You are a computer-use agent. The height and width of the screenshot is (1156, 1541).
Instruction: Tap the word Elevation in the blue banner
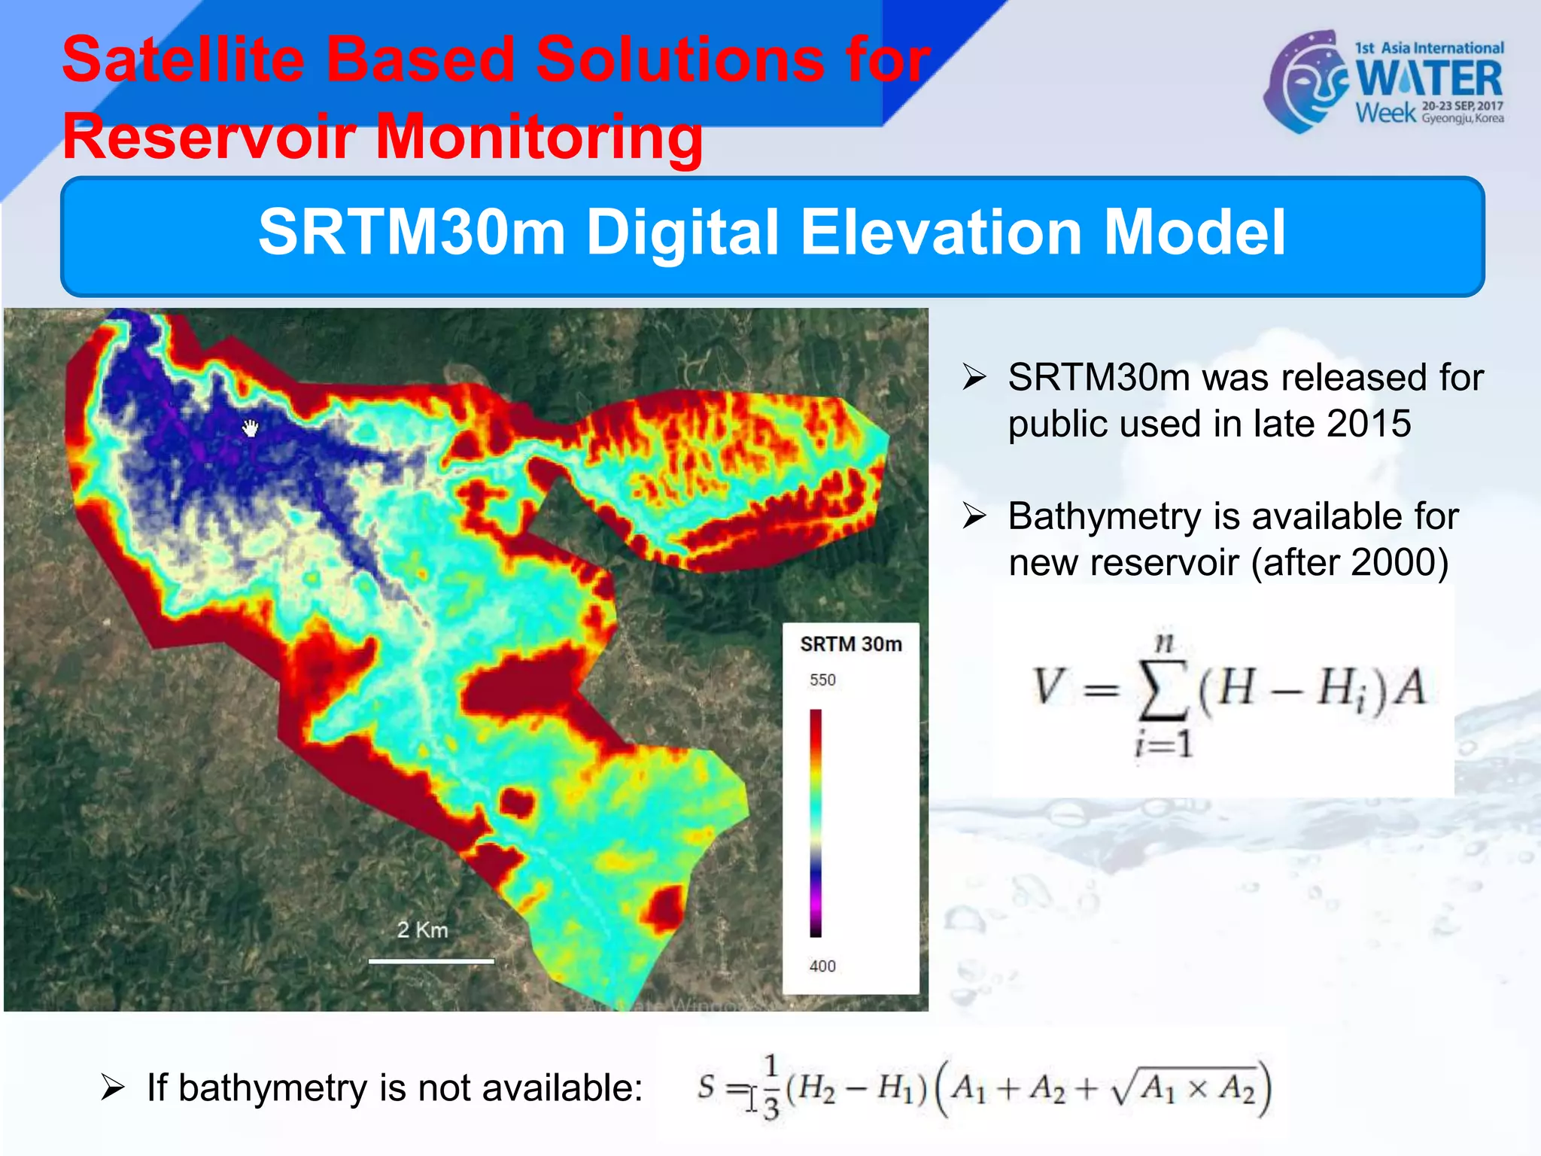pos(942,233)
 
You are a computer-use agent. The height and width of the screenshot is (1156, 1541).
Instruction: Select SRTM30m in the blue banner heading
pos(412,233)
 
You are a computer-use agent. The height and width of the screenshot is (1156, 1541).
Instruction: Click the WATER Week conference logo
pos(1384,81)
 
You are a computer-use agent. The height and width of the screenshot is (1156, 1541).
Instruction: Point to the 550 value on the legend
pos(822,680)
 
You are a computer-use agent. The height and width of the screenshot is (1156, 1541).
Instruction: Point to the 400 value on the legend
pos(822,966)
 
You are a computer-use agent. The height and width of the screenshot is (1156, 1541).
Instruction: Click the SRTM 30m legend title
pos(850,645)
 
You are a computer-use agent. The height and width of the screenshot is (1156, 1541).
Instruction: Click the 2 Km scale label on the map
pos(422,930)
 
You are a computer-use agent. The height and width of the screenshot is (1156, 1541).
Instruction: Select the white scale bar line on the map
pos(431,961)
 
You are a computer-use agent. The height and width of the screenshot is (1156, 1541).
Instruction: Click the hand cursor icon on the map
pos(251,428)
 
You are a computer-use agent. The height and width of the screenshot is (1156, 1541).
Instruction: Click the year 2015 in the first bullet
pos(1369,424)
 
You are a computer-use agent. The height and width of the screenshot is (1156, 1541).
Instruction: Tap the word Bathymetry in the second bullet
pos(1105,517)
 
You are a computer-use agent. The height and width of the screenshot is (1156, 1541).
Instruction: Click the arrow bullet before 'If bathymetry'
pos(112,1088)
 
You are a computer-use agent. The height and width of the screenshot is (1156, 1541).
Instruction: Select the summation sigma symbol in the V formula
pos(1163,690)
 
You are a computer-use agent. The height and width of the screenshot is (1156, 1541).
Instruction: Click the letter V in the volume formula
pos(1048,686)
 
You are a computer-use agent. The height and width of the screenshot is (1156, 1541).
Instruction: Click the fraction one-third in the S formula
pos(770,1088)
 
